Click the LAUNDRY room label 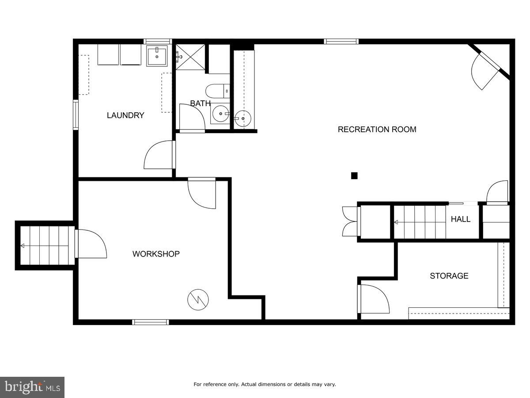click(x=125, y=115)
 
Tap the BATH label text click(x=200, y=103)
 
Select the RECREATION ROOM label click(x=377, y=130)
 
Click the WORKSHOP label click(x=156, y=254)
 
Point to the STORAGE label click(x=449, y=276)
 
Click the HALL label click(x=460, y=219)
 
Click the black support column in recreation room click(x=354, y=176)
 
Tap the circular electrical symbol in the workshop click(x=197, y=300)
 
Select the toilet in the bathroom click(x=218, y=91)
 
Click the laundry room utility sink click(x=157, y=56)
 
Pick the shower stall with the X click(x=191, y=57)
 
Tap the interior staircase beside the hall click(x=420, y=222)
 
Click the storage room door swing click(x=374, y=299)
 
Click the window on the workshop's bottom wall click(x=151, y=322)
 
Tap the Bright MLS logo click(x=32, y=387)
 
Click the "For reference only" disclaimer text click(x=265, y=384)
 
